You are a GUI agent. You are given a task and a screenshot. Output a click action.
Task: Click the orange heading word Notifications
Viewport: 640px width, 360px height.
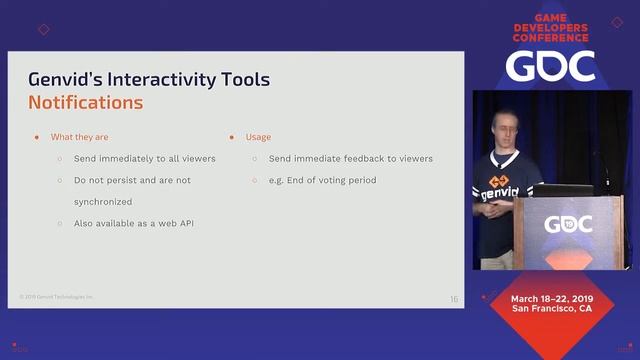pos(85,102)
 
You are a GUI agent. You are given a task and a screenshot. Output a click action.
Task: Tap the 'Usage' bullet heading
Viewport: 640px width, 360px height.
pos(258,136)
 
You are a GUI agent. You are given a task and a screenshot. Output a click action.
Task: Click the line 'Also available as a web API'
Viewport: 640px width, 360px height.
pos(133,222)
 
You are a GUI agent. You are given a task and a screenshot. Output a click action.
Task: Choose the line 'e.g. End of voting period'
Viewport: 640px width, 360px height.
pos(319,180)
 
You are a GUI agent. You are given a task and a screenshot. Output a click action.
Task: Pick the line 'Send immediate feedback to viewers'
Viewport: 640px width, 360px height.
pos(350,159)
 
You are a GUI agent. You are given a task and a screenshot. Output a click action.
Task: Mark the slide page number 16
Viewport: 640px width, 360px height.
pos(454,299)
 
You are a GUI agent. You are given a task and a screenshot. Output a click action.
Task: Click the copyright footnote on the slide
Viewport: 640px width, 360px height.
pos(56,297)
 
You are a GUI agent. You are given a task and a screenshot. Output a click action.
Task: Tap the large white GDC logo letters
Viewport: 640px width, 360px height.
pos(550,65)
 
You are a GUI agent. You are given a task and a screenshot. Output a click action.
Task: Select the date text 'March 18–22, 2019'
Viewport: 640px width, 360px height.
pos(553,299)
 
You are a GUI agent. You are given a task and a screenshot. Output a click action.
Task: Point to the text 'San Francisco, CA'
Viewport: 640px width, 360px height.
pos(553,309)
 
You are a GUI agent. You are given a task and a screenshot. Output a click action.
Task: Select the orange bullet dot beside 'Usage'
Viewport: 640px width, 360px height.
pos(232,136)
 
